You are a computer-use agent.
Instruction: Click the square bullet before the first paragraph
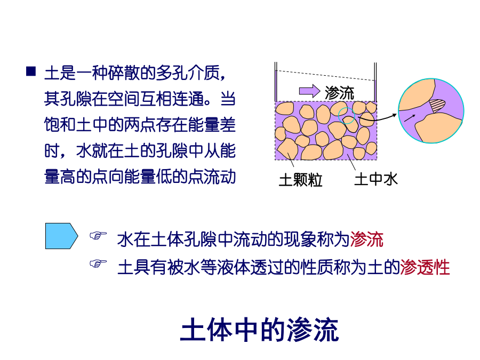coord(31,71)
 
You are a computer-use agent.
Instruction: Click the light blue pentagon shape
coord(61,236)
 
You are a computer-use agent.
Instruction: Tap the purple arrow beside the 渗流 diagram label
coord(309,91)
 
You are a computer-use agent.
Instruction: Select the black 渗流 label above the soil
coord(340,92)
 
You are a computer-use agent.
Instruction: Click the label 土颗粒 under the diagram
coord(301,180)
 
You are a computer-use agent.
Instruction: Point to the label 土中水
coord(376,179)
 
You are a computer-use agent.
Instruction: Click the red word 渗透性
coord(425,267)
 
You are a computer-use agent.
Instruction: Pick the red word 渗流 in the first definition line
coord(366,239)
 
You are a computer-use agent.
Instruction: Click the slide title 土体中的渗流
coord(260,330)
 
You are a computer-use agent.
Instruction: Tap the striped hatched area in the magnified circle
coord(436,105)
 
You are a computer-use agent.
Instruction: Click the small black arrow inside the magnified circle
coord(410,118)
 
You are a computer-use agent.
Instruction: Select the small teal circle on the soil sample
coord(347,116)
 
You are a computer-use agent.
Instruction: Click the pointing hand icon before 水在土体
coord(98,235)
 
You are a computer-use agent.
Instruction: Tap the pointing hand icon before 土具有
coord(98,263)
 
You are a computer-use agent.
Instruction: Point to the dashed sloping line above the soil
coord(325,75)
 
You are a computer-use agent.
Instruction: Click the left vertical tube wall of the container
coord(276,82)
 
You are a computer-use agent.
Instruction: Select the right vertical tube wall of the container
coord(375,82)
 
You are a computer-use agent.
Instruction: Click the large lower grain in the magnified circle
coord(438,128)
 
